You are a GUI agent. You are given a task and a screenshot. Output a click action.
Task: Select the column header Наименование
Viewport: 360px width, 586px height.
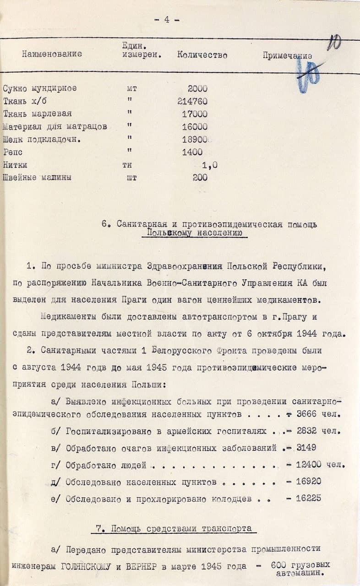coord(52,54)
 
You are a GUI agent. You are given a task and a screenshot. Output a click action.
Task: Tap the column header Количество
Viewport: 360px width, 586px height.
coord(202,55)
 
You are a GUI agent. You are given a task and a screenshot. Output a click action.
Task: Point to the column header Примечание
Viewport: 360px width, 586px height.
coord(287,56)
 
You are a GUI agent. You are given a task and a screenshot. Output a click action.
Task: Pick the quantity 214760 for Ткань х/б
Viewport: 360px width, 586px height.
coord(192,101)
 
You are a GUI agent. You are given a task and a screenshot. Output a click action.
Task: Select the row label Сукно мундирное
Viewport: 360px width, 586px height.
coord(40,88)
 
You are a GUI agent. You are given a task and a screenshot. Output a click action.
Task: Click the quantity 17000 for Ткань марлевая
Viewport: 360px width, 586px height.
coord(195,114)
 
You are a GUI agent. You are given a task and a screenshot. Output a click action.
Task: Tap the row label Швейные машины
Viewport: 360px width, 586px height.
coord(37,178)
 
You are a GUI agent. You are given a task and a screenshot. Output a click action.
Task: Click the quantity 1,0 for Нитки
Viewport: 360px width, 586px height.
coord(209,165)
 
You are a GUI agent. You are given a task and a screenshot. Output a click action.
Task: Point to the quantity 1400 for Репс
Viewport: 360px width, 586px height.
coord(192,152)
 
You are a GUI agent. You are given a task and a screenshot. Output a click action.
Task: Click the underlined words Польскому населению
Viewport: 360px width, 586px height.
coord(195,233)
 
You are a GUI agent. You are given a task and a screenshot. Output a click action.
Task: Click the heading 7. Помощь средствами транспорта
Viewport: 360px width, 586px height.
coord(174,528)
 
